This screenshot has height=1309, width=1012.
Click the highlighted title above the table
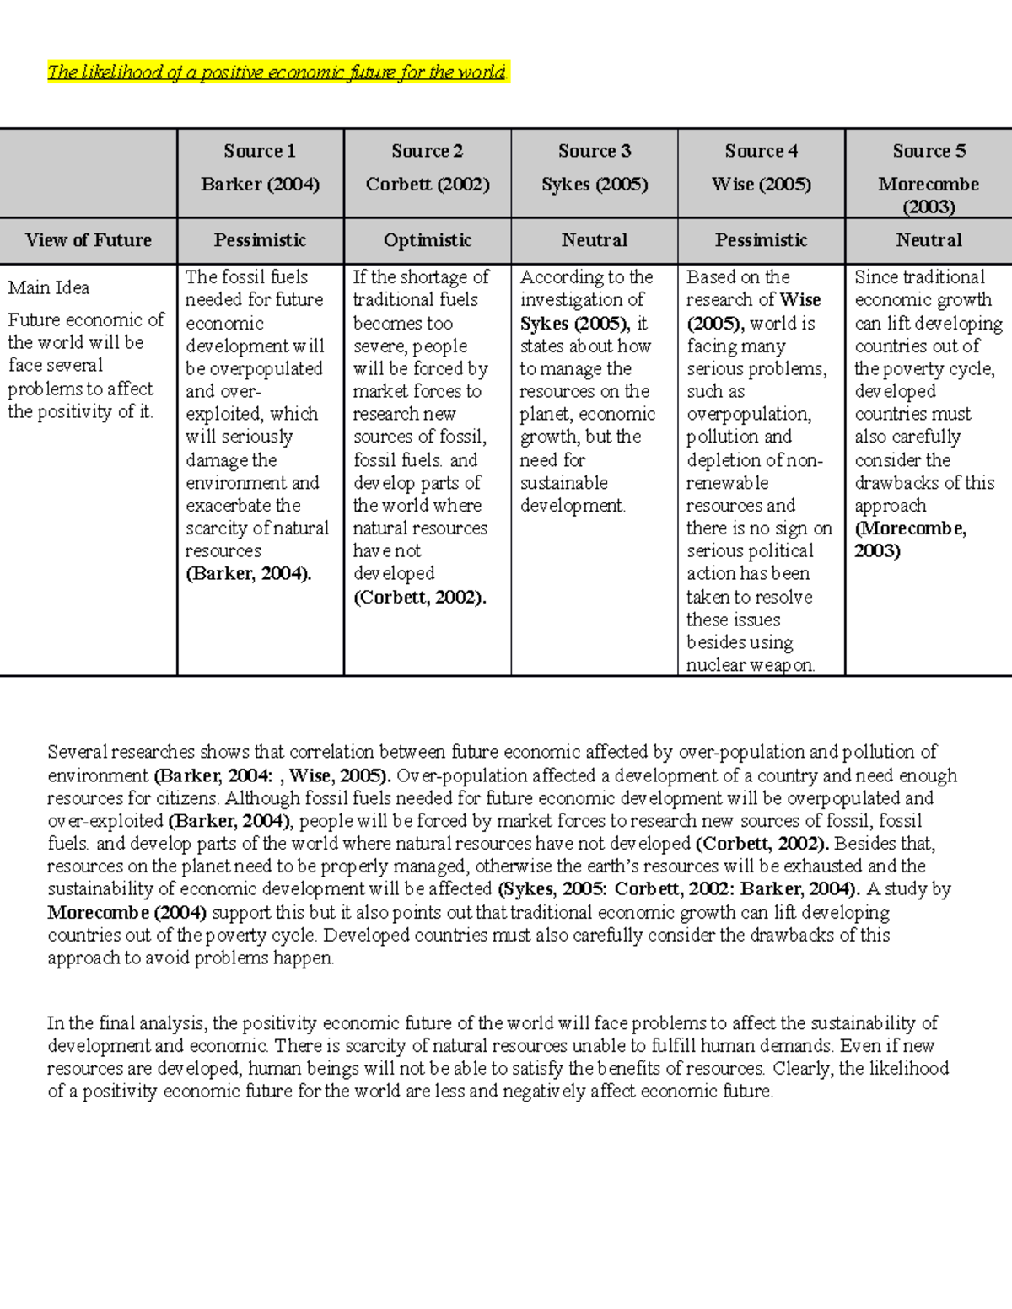[277, 72]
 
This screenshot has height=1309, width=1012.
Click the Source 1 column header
[260, 151]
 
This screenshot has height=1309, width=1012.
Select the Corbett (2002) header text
[428, 184]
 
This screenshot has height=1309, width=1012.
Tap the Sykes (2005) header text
[595, 184]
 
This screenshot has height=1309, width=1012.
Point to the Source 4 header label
[761, 151]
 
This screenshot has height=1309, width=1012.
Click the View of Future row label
[89, 240]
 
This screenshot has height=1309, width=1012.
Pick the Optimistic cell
[428, 240]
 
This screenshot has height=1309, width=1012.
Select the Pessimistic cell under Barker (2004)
[260, 240]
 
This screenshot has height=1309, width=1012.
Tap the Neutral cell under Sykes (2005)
[595, 240]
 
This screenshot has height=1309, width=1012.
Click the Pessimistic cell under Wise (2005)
[761, 240]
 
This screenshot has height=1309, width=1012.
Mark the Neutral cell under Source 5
[929, 240]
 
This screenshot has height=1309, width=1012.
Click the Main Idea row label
[49, 287]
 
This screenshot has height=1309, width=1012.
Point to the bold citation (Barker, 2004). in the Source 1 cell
[248, 574]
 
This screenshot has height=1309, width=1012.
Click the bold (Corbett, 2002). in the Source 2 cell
[419, 598]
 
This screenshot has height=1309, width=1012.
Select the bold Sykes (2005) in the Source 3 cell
[573, 324]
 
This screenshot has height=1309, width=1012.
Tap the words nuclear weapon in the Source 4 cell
[750, 665]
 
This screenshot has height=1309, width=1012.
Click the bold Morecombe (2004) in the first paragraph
[126, 912]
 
